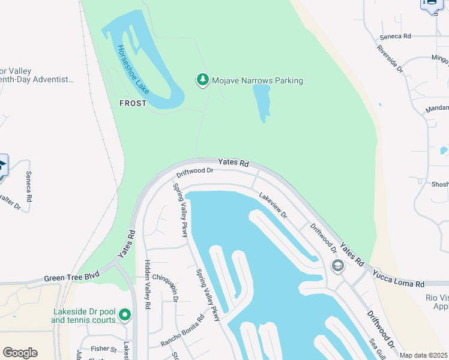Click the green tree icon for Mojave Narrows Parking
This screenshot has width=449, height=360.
203,80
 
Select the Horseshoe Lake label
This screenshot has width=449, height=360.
133,70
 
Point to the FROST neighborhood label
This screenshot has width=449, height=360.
133,103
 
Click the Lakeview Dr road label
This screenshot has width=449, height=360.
273,205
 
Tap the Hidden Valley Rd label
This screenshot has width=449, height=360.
148,284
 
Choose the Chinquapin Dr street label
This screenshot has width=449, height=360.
166,287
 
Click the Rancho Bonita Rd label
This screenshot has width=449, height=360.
182,331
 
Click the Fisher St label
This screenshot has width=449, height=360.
104,349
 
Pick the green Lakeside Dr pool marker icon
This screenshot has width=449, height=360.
125,314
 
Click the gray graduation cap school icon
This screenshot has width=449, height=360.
338,265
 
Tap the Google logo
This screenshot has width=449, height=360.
20,353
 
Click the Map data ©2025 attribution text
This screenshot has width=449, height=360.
424,355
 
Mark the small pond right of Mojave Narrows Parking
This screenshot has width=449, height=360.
262,102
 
